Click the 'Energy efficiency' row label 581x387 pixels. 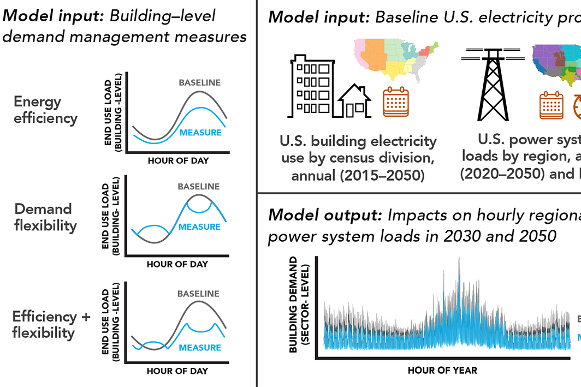pyautogui.click(x=45, y=110)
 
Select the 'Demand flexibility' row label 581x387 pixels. pyautogui.click(x=45, y=217)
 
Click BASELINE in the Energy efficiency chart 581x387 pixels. pyautogui.click(x=199, y=83)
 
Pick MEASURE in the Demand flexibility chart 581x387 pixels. pyautogui.click(x=199, y=227)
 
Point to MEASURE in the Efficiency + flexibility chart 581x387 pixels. pyautogui.click(x=199, y=348)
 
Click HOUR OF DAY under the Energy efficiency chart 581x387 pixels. pyautogui.click(x=177, y=161)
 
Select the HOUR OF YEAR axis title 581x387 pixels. pyautogui.click(x=442, y=371)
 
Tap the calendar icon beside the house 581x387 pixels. pyautogui.click(x=395, y=102)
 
